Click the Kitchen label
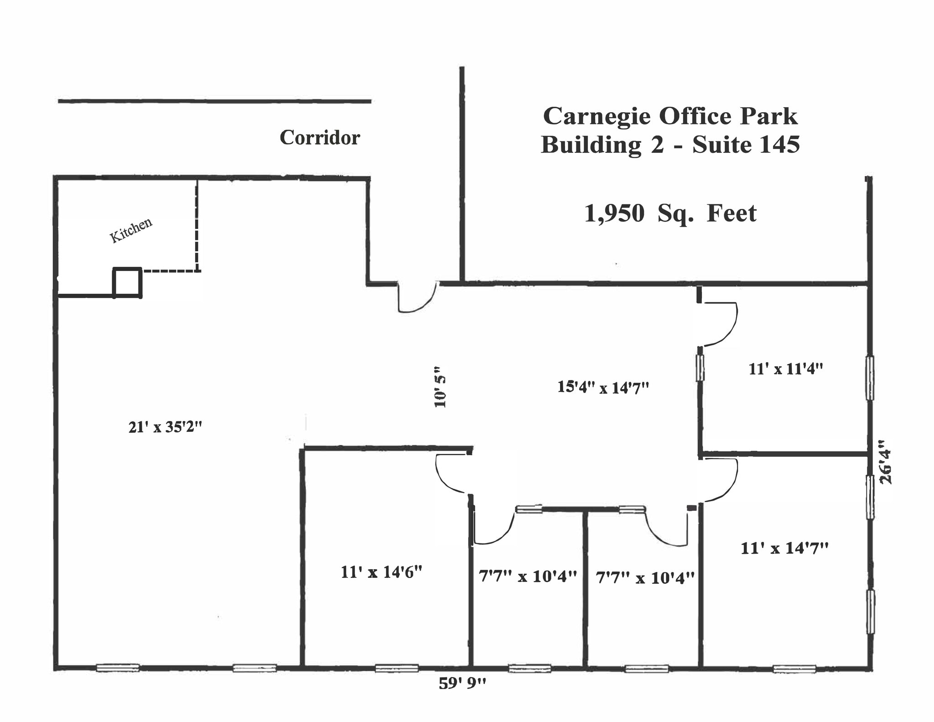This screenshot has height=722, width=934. click(131, 230)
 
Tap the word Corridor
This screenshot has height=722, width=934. click(320, 138)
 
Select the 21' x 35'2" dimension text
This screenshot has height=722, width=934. click(165, 427)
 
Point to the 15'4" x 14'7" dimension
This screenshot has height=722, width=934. click(603, 388)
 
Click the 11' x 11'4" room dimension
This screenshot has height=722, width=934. click(785, 369)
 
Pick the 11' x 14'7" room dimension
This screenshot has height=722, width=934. click(784, 548)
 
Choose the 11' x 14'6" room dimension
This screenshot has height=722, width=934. click(381, 572)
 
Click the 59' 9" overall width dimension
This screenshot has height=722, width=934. click(462, 683)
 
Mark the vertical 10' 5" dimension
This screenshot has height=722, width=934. click(440, 387)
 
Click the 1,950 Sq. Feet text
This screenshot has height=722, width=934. click(670, 213)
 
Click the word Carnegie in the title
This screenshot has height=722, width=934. click(597, 116)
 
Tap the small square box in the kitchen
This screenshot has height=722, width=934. click(127, 283)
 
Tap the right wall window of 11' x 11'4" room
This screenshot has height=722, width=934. click(870, 378)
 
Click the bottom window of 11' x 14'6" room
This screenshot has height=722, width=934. click(397, 668)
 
